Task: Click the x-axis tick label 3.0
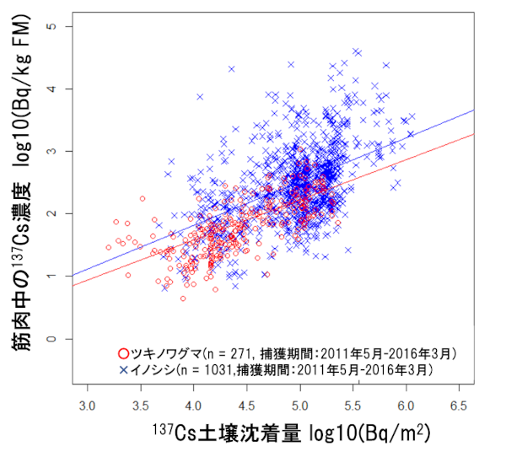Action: pos(87,406)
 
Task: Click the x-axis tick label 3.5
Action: pos(140,406)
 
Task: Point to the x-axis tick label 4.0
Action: pos(193,406)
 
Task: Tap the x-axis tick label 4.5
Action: pos(246,406)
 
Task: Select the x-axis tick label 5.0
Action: pos(299,406)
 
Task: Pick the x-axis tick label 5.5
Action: pos(353,406)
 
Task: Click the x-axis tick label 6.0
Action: pos(406,406)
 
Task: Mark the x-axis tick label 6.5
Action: pos(459,406)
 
